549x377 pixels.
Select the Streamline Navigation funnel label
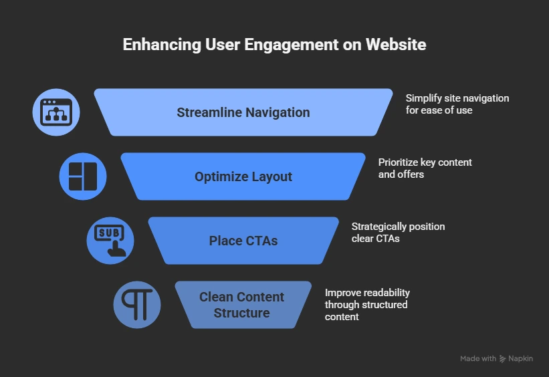(243, 112)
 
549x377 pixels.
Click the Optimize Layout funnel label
(243, 176)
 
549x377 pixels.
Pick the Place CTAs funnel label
(243, 241)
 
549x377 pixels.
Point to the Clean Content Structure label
(242, 305)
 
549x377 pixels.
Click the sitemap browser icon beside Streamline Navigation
(56, 112)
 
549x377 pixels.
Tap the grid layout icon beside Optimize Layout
(83, 176)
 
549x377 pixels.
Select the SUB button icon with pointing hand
(110, 240)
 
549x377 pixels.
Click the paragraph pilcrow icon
(137, 304)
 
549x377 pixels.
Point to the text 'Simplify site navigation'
(457, 98)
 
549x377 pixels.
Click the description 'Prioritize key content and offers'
(425, 168)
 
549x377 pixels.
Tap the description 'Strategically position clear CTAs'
(398, 232)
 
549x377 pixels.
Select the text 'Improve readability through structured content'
(367, 304)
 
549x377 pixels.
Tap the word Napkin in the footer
(521, 359)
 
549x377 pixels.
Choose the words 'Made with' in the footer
(478, 359)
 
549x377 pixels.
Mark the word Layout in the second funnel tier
(271, 176)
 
